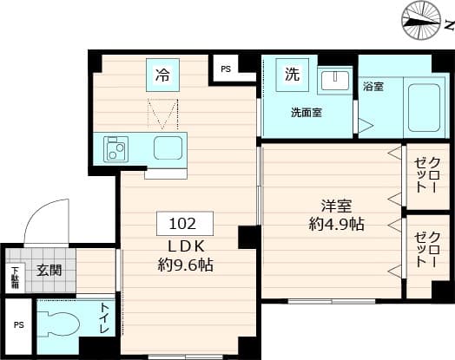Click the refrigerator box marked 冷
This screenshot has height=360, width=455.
click(163, 74)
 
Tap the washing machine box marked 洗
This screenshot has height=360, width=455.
click(293, 74)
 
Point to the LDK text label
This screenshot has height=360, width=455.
click(180, 246)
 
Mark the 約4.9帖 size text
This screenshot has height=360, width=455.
click(335, 224)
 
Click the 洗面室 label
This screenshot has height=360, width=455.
click(307, 113)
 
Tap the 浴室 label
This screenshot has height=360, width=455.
click(373, 88)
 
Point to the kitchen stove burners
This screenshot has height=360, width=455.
click(116, 148)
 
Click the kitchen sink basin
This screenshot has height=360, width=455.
click(168, 147)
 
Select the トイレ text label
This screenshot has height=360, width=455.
click(105, 319)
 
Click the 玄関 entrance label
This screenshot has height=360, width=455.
click(49, 270)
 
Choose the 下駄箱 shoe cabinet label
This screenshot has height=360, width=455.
click(15, 278)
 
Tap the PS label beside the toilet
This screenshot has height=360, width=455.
click(18, 326)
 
